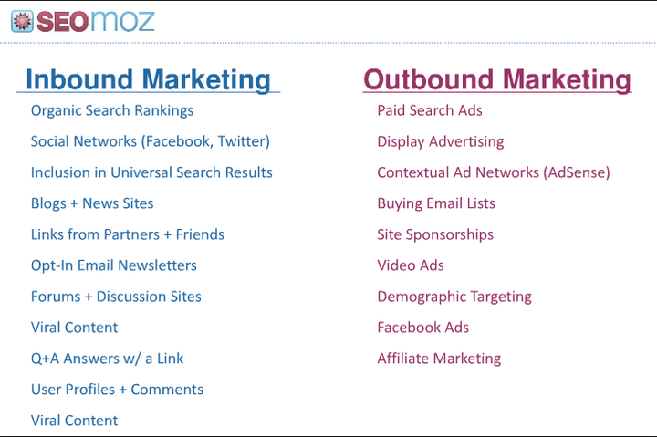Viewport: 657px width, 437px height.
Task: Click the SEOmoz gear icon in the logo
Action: pyautogui.click(x=23, y=20)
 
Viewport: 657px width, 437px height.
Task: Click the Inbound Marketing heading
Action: pyautogui.click(x=148, y=79)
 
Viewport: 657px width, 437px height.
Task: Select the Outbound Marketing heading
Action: pyautogui.click(x=497, y=79)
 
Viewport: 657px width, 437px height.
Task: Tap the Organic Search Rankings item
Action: pyautogui.click(x=112, y=110)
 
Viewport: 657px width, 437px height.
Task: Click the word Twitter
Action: pyautogui.click(x=242, y=141)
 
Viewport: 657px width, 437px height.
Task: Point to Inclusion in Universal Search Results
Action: pyautogui.click(x=151, y=172)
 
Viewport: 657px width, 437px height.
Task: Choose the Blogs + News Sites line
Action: pyautogui.click(x=92, y=203)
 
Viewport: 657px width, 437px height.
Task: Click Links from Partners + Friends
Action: pyautogui.click(x=128, y=234)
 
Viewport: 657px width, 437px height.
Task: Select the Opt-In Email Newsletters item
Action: pyautogui.click(x=114, y=265)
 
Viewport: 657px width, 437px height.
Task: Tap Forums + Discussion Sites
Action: pyautogui.click(x=116, y=297)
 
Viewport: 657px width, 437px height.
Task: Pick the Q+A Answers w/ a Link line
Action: pyautogui.click(x=108, y=359)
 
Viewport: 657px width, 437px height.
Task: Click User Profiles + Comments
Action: pyautogui.click(x=117, y=390)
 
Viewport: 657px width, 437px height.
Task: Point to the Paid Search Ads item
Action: pyautogui.click(x=430, y=110)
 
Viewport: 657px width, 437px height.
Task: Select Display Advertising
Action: pyautogui.click(x=441, y=141)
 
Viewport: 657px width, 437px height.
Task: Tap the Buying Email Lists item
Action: pyautogui.click(x=436, y=203)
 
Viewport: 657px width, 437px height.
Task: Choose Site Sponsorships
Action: pyautogui.click(x=435, y=234)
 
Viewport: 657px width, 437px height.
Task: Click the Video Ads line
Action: pyautogui.click(x=411, y=265)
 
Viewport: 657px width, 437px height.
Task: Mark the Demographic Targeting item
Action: pyautogui.click(x=454, y=297)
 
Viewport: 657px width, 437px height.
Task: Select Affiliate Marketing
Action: pyautogui.click(x=439, y=359)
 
